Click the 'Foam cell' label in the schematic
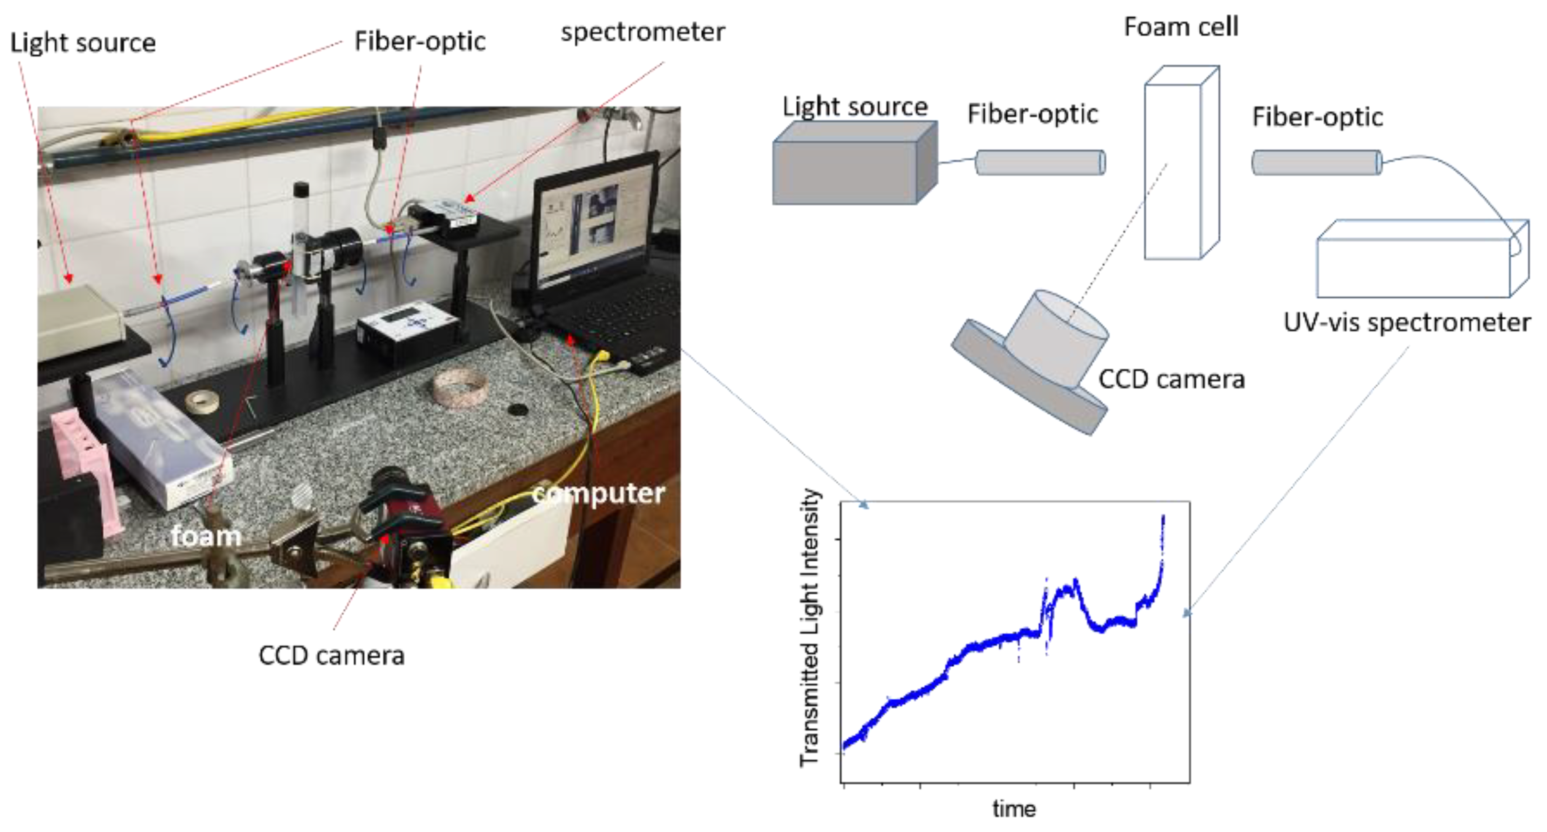coord(1181,27)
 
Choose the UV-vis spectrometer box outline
coord(1417,264)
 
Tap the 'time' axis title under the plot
coord(1014,808)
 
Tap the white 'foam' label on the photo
coord(206,536)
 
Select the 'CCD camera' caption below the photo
coord(332,655)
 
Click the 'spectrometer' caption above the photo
coord(643,32)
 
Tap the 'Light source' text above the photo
coord(83,43)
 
